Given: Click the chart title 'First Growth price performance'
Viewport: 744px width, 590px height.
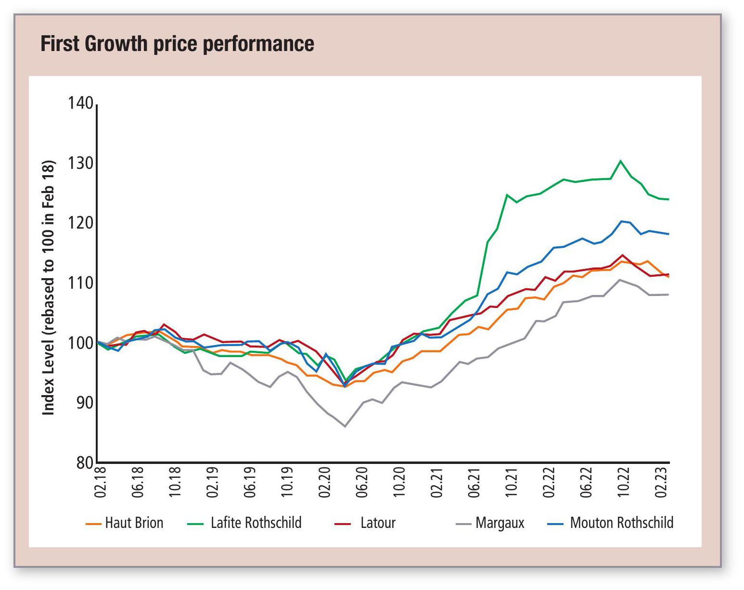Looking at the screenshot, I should click(177, 44).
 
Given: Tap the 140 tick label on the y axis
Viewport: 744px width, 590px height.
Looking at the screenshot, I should click(80, 103).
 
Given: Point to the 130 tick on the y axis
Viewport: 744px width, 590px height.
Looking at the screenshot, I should click(80, 164).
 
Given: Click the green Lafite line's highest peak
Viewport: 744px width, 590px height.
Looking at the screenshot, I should click(621, 161).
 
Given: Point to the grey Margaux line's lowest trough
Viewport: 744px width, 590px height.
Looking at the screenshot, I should click(345, 426).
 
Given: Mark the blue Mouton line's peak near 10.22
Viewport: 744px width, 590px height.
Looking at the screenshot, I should click(621, 221).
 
